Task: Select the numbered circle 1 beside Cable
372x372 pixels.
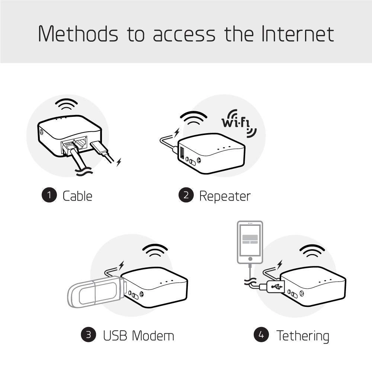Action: pyautogui.click(x=49, y=195)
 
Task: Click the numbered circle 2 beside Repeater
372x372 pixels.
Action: pyautogui.click(x=186, y=196)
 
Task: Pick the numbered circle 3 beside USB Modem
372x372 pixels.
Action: pyautogui.click(x=89, y=335)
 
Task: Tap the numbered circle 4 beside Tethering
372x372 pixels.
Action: pyautogui.click(x=262, y=335)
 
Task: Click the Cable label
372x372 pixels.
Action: pyautogui.click(x=77, y=196)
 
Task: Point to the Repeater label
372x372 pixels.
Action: pyautogui.click(x=225, y=196)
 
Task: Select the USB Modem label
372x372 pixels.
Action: pyautogui.click(x=138, y=336)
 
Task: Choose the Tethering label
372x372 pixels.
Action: pyautogui.click(x=302, y=336)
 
